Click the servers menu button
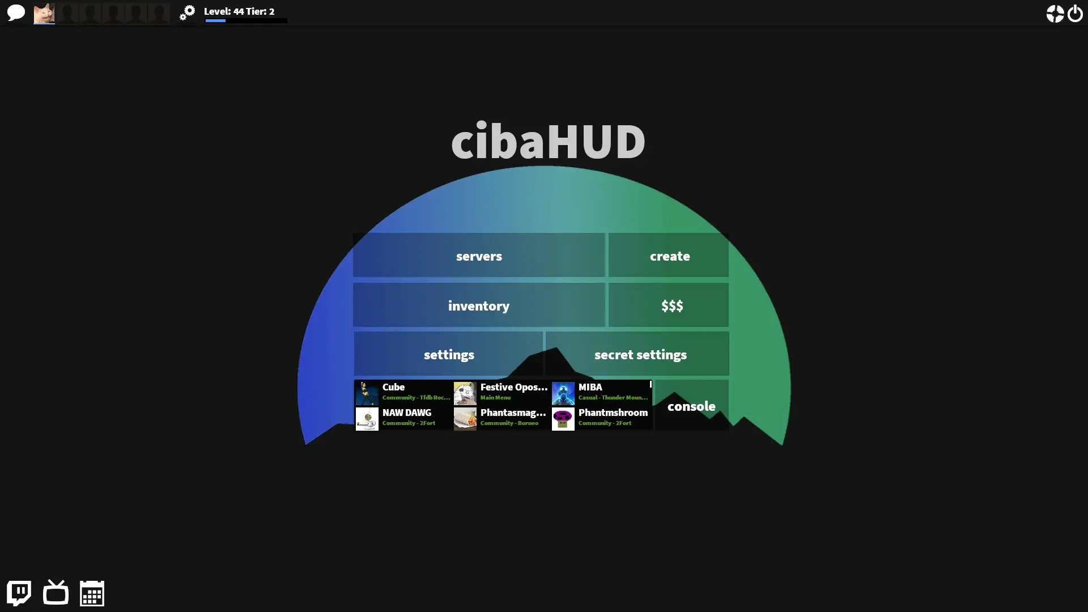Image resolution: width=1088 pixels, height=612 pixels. click(479, 256)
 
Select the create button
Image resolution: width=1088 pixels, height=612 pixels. click(669, 256)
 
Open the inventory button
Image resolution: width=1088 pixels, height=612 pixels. click(479, 305)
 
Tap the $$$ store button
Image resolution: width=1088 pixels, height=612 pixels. click(669, 305)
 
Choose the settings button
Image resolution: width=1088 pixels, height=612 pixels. click(448, 354)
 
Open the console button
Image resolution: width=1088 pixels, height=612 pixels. click(691, 406)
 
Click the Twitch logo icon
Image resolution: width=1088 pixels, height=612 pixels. click(19, 593)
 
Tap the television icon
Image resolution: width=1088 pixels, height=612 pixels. click(56, 593)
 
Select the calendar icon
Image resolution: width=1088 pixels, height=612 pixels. click(92, 593)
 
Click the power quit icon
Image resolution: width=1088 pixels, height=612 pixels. click(1075, 13)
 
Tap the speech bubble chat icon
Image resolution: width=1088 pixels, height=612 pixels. click(16, 12)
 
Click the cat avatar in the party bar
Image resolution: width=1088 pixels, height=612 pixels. click(44, 13)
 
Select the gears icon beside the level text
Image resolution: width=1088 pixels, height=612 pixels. click(187, 12)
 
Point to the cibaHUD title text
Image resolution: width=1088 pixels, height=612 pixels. click(547, 141)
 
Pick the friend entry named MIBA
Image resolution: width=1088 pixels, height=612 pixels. click(601, 393)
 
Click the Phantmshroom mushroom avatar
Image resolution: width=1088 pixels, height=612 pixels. click(563, 419)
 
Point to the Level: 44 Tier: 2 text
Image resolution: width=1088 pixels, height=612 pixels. click(239, 11)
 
